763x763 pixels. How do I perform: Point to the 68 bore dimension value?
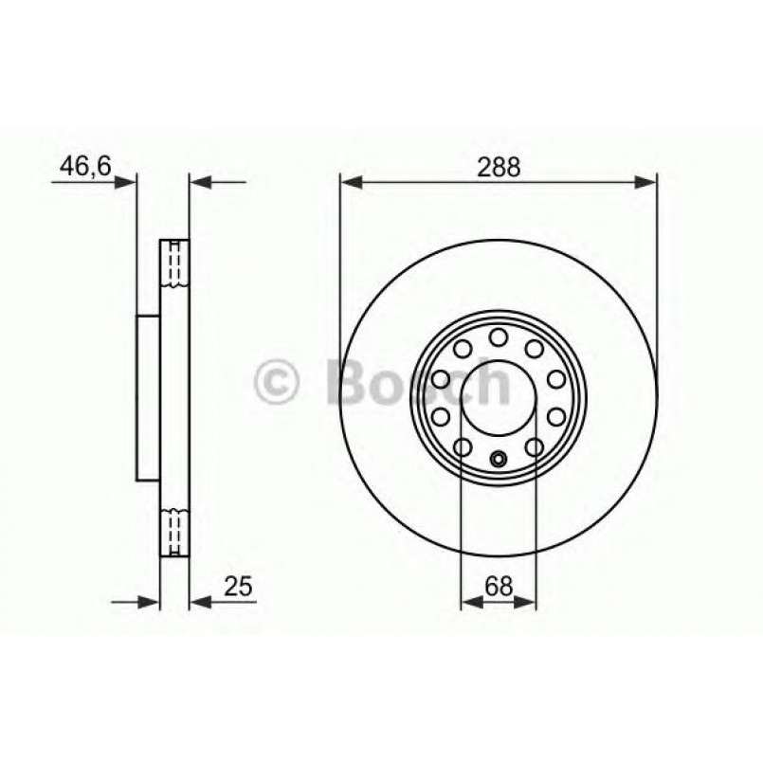(498, 587)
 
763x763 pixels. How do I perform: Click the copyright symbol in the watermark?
(278, 384)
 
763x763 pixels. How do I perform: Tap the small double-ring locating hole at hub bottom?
(498, 462)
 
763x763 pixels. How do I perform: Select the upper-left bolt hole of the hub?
(462, 350)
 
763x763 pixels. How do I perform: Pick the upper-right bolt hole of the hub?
(534, 350)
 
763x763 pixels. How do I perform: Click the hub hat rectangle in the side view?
(148, 397)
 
